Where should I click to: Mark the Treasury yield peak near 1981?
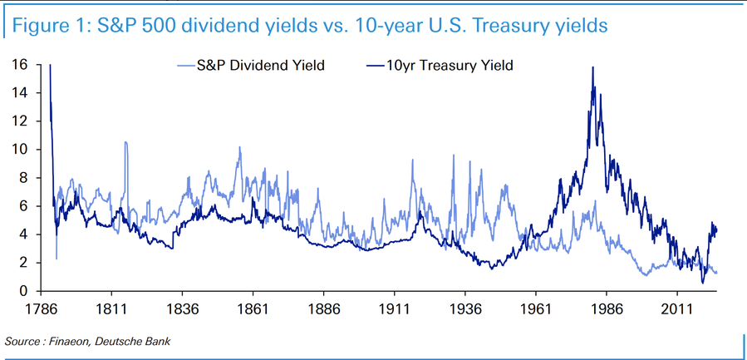tap(592, 68)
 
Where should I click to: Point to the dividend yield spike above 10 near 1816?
tap(125, 143)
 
